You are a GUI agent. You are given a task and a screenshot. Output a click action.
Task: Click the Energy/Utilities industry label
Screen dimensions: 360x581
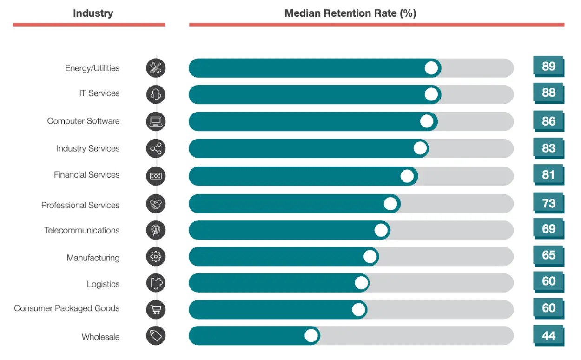coord(92,68)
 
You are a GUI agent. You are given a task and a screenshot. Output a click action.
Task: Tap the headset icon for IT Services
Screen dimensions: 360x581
coord(156,94)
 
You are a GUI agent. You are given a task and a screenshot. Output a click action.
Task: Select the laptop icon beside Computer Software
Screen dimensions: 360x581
coord(156,121)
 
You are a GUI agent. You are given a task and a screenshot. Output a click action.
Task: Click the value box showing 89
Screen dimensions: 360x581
coord(548,67)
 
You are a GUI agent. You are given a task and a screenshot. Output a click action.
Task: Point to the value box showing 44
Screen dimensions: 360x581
coord(548,335)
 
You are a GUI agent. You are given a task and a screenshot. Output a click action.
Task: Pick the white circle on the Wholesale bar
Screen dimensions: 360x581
coord(311,335)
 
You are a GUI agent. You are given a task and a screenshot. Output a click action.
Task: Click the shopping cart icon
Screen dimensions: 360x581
coord(156,309)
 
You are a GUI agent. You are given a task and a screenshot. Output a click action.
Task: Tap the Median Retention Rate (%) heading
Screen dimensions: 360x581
coord(350,13)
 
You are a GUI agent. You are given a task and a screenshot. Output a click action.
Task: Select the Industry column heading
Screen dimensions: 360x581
coord(93,13)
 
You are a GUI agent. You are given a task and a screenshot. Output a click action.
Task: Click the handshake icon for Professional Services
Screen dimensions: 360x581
coord(156,204)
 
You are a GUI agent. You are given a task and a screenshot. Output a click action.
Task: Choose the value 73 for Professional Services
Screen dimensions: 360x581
coord(548,203)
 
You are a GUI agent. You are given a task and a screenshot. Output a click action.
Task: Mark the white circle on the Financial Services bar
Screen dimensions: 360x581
coord(407,176)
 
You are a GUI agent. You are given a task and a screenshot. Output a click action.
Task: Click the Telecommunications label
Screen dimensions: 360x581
coord(82,231)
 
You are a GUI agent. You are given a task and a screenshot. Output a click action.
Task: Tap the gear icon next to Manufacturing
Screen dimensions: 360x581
coord(156,256)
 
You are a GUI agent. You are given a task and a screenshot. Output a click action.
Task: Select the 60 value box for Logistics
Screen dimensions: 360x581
coord(548,281)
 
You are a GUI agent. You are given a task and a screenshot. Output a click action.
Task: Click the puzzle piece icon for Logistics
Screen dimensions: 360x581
coord(156,283)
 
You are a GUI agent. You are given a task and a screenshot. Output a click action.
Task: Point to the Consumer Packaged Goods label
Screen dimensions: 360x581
coord(66,308)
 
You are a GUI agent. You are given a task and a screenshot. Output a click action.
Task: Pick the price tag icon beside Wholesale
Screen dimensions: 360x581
coord(156,335)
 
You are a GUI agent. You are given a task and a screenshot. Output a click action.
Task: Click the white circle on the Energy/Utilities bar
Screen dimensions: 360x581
coord(431,68)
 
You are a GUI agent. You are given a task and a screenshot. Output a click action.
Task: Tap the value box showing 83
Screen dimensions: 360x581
coord(548,148)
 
